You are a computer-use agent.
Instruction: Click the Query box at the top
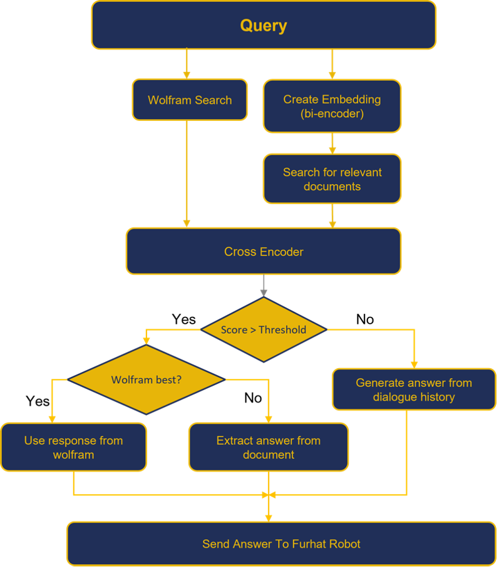pyautogui.click(x=263, y=26)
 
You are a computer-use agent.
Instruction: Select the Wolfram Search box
pyautogui.click(x=190, y=100)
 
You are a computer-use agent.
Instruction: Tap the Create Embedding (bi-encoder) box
pyautogui.click(x=332, y=106)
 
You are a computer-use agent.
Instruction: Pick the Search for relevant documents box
pyautogui.click(x=332, y=179)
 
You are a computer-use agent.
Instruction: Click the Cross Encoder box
pyautogui.click(x=263, y=252)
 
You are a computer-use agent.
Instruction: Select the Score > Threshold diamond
pyautogui.click(x=263, y=329)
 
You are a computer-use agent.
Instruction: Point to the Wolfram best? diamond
pyautogui.click(x=146, y=380)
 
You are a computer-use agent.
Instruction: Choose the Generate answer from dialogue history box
pyautogui.click(x=413, y=390)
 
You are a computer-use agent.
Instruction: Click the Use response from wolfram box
pyautogui.click(x=73, y=447)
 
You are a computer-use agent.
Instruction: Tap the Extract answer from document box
pyautogui.click(x=268, y=447)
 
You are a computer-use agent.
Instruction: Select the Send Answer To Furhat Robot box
pyautogui.click(x=281, y=544)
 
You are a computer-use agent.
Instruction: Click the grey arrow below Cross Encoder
pyautogui.click(x=264, y=286)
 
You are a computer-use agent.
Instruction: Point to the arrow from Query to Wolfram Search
pyautogui.click(x=187, y=64)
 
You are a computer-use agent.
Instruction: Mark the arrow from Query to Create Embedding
pyautogui.click(x=332, y=64)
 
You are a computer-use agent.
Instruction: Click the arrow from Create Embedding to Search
pyautogui.click(x=332, y=143)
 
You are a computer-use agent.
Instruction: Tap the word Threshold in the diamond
pyautogui.click(x=282, y=330)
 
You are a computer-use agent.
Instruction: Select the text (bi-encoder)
pyautogui.click(x=332, y=114)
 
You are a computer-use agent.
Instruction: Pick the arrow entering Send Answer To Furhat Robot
pyautogui.click(x=269, y=510)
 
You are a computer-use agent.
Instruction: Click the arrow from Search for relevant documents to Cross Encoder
pyautogui.click(x=332, y=215)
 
